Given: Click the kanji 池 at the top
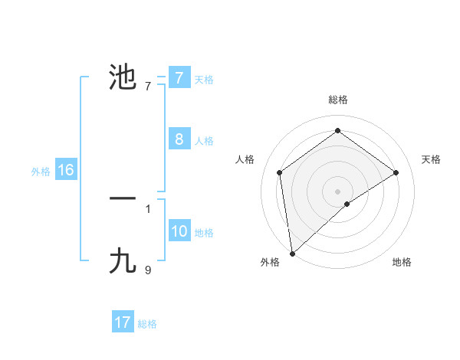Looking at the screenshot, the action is click(x=123, y=77).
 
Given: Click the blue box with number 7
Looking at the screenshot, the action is click(x=179, y=78).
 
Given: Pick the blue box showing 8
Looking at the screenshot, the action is click(x=179, y=139).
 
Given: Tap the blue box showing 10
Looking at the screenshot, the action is click(x=179, y=231).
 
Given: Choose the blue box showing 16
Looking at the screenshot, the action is click(x=65, y=170).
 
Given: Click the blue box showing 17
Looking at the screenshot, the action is click(x=123, y=322).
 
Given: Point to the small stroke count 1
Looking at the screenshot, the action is click(x=148, y=208).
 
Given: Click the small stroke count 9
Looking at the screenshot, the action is click(x=148, y=270).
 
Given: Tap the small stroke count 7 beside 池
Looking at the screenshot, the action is click(x=148, y=86).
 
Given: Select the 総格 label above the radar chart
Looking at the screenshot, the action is click(x=337, y=100).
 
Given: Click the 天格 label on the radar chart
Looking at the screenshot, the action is click(x=431, y=159).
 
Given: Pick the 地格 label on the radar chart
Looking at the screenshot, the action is click(x=402, y=262).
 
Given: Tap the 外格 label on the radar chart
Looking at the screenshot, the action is click(x=270, y=262).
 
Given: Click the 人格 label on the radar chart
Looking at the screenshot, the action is click(x=245, y=159).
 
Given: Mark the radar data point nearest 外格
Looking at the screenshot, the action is click(x=292, y=253).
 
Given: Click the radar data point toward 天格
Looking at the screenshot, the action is click(x=396, y=172).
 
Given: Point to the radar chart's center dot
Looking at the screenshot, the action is click(x=337, y=191).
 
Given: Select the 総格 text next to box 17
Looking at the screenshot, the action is click(x=147, y=324).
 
